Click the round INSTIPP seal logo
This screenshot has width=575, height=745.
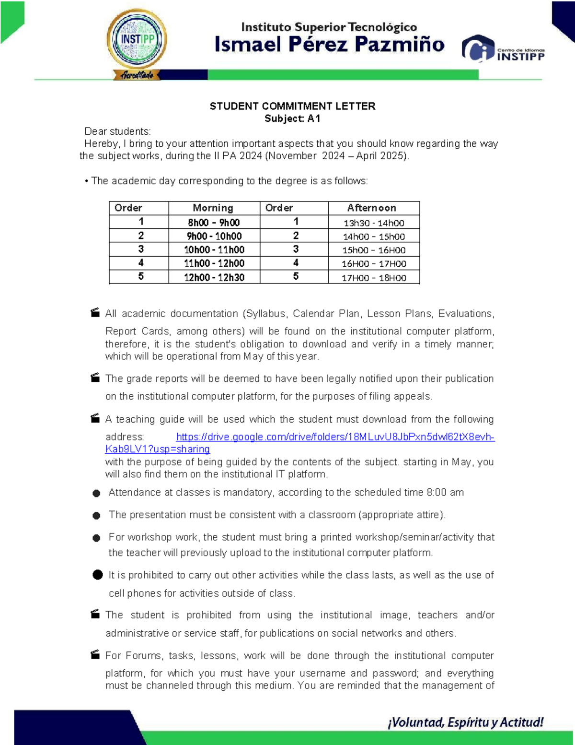click(x=137, y=41)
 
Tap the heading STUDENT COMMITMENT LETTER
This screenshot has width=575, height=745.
click(x=292, y=106)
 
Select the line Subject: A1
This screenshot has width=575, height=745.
click(x=292, y=118)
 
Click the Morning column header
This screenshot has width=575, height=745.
click(x=213, y=208)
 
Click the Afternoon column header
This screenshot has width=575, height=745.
click(x=372, y=208)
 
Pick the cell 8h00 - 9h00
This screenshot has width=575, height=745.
click(x=214, y=222)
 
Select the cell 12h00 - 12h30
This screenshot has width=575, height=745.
click(x=214, y=277)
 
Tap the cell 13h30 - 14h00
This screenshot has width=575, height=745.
click(x=374, y=223)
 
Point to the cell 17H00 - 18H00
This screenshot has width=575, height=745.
click(x=374, y=278)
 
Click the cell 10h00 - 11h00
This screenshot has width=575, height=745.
click(x=214, y=249)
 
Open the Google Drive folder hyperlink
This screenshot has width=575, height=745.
click(x=335, y=437)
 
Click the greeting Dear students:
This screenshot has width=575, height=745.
click(x=117, y=131)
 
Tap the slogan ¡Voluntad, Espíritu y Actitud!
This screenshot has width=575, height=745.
click(x=465, y=722)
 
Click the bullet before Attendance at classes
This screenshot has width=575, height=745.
click(x=96, y=493)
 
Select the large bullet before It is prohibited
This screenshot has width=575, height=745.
click(x=98, y=575)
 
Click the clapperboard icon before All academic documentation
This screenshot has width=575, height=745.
click(x=95, y=313)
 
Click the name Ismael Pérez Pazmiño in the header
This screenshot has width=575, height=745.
click(x=329, y=45)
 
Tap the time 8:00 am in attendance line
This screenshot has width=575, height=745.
click(x=445, y=493)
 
